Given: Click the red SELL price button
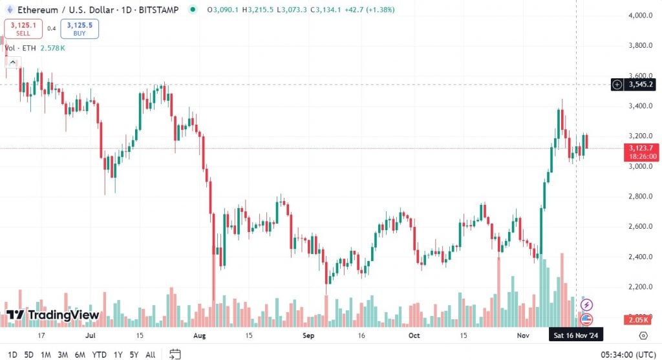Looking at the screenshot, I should tap(23, 28).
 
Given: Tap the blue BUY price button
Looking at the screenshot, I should tap(80, 28).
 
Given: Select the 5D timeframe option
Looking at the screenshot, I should tap(29, 354).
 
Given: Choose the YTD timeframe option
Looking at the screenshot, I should tap(99, 354).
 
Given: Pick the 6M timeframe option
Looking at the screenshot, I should tap(80, 354).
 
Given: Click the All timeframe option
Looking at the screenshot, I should tap(150, 354).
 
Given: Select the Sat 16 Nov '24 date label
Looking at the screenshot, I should tap(577, 336).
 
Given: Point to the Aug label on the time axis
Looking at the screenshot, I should tap(199, 336).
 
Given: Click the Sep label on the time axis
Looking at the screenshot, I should tap(308, 336).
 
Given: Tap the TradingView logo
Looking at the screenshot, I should tap(53, 315).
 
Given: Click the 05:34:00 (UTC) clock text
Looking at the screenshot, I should tap(626, 354).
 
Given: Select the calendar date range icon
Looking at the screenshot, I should tap(175, 354).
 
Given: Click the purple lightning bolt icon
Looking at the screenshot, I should tap(587, 304).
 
